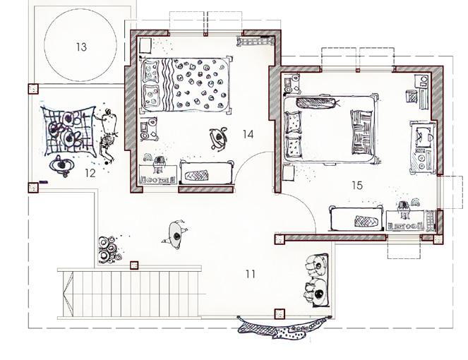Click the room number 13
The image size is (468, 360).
point(81,47)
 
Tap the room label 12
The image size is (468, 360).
point(90,172)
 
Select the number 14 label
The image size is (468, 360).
point(247,133)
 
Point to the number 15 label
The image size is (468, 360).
point(356,185)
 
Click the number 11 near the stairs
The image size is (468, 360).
point(250,274)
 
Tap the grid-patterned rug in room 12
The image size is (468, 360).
point(66,131)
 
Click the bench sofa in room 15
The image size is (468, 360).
point(357,219)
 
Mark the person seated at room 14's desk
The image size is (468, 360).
point(159,162)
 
